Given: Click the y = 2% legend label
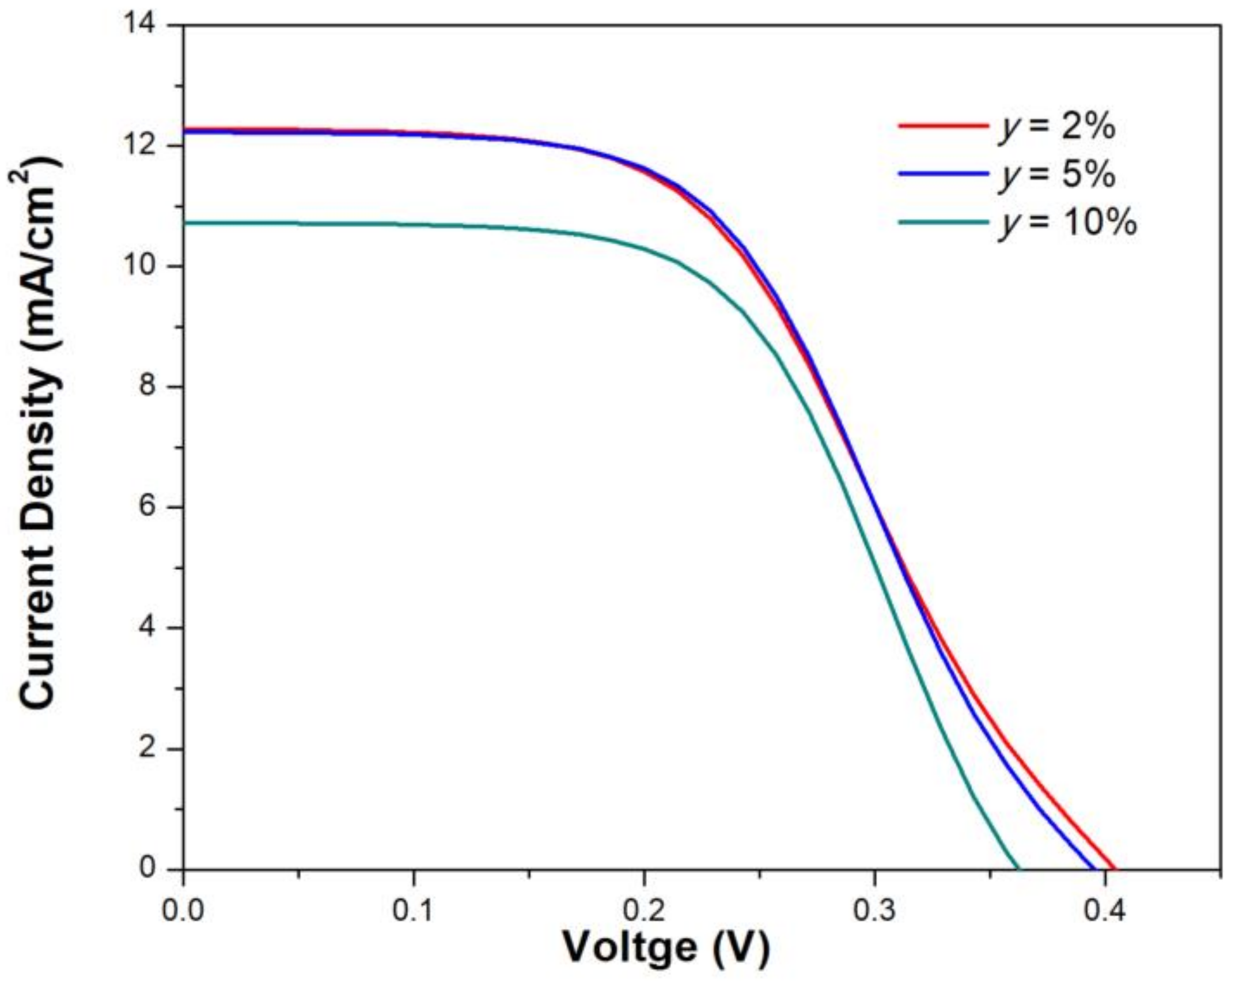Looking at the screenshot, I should pyautogui.click(x=1056, y=126).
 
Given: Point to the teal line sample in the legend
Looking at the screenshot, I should pyautogui.click(x=943, y=221).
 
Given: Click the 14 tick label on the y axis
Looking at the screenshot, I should pyautogui.click(x=151, y=25).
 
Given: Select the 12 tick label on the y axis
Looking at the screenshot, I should pyautogui.click(x=151, y=146).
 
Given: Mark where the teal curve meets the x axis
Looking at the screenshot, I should pyautogui.click(x=1017, y=869).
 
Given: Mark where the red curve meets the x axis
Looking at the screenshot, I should pyautogui.click(x=1115, y=869).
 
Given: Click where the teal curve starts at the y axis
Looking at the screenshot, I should pyautogui.click(x=184, y=222).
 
